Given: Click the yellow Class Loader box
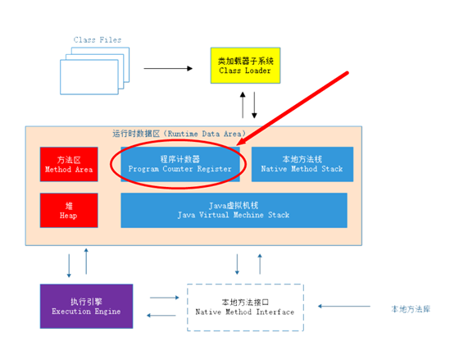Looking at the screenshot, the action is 245,66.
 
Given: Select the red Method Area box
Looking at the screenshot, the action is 69,164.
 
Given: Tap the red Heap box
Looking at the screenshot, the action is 69,210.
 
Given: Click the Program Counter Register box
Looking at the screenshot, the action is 180,164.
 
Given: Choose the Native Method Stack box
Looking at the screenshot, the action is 302,164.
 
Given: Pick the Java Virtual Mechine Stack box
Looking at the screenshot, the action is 234,210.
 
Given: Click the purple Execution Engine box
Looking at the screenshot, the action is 86,306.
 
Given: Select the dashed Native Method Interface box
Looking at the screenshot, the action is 245,308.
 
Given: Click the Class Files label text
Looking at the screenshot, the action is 98,40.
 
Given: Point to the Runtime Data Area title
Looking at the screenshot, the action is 180,134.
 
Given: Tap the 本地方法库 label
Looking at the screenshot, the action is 411,309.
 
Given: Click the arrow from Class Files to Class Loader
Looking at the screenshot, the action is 168,69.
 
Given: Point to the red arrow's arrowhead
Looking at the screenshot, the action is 241,142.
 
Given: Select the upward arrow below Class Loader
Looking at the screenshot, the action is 243,105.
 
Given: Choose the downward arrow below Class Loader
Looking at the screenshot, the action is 254,105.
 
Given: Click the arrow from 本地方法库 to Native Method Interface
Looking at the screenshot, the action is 344,307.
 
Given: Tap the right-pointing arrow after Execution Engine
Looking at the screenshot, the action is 164,298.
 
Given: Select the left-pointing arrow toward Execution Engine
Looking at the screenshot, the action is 161,316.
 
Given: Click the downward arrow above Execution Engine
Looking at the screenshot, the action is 69,266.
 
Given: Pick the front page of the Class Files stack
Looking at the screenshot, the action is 89,77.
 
